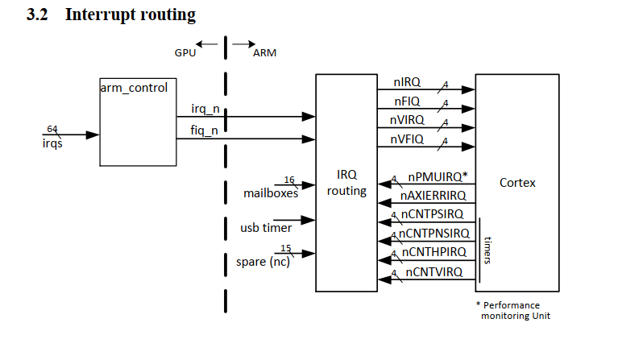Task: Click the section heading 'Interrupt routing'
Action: (130, 14)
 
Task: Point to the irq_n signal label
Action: (205, 109)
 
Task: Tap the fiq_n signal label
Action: (205, 130)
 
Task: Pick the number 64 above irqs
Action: (52, 129)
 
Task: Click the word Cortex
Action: (517, 183)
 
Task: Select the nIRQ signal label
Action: (409, 82)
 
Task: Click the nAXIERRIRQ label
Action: (432, 196)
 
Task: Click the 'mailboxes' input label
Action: (271, 193)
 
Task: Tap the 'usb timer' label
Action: (266, 228)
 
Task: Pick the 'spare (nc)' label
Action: (263, 262)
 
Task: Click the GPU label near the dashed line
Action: (185, 52)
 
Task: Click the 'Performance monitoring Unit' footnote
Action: (513, 310)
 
